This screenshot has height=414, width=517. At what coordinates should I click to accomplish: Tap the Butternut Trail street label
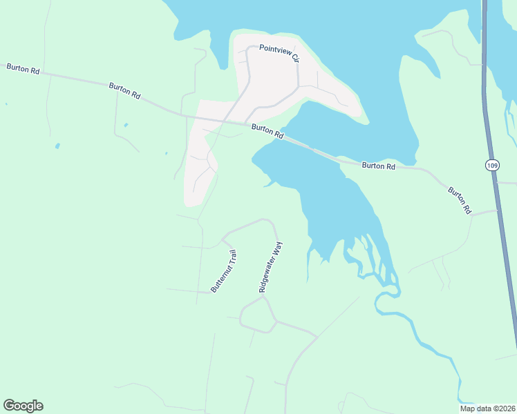click(x=224, y=271)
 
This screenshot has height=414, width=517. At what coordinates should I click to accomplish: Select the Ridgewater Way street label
click(x=271, y=267)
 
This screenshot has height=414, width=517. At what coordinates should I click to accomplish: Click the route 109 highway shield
click(x=491, y=166)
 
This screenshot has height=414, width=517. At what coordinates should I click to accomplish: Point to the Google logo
click(x=23, y=406)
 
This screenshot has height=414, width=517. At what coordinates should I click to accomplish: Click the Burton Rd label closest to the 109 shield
click(x=459, y=199)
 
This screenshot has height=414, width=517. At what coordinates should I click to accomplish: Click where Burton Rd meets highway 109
click(x=496, y=210)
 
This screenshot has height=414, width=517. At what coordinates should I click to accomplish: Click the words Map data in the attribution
click(x=475, y=408)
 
